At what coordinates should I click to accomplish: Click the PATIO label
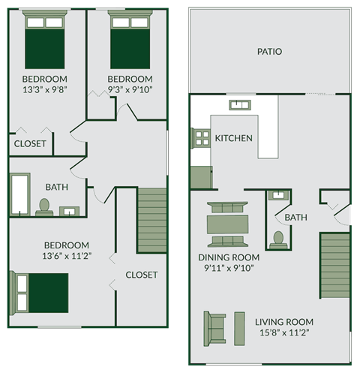(x=269, y=52)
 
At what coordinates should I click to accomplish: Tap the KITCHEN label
(x=233, y=138)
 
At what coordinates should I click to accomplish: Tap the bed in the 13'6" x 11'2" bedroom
(x=41, y=292)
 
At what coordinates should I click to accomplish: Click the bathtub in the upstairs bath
(x=20, y=194)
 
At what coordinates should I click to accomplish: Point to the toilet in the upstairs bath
(x=43, y=206)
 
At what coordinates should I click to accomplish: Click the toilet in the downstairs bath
(x=278, y=239)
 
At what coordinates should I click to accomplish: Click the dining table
(x=228, y=224)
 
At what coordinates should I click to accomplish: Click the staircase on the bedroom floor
(x=151, y=220)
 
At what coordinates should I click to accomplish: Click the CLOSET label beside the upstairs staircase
(x=141, y=275)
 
